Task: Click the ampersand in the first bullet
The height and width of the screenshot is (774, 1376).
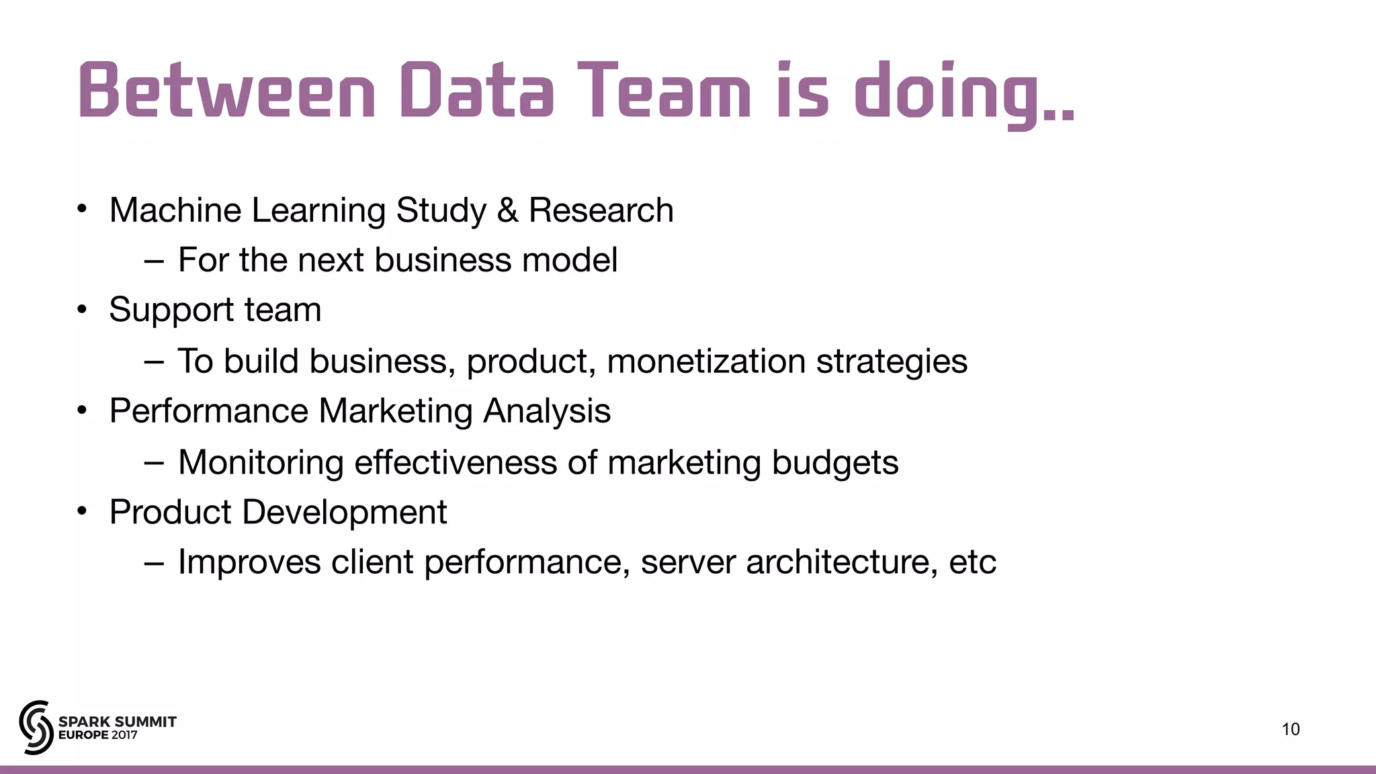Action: pos(507,210)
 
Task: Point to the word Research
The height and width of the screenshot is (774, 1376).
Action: pos(601,210)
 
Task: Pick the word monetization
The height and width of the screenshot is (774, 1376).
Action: pos(706,361)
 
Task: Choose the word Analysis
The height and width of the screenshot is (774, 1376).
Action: pos(546,412)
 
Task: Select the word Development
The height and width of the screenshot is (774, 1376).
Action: pos(344,513)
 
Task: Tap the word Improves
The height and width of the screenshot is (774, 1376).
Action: pos(249,563)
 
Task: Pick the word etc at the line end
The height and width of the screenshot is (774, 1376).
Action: pos(972,562)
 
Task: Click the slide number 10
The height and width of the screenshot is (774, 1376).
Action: pos(1291,730)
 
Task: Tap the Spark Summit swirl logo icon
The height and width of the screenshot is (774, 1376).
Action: pos(36,727)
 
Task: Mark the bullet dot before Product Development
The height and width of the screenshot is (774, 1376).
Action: pos(82,512)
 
